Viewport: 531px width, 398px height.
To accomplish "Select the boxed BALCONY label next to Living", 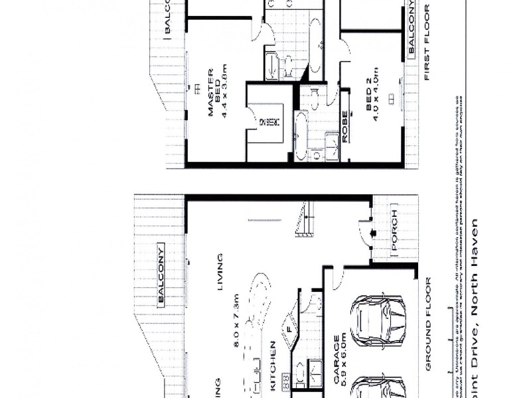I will (161, 275).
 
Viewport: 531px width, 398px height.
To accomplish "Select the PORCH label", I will (395, 232).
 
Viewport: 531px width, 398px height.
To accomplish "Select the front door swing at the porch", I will (364, 232).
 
